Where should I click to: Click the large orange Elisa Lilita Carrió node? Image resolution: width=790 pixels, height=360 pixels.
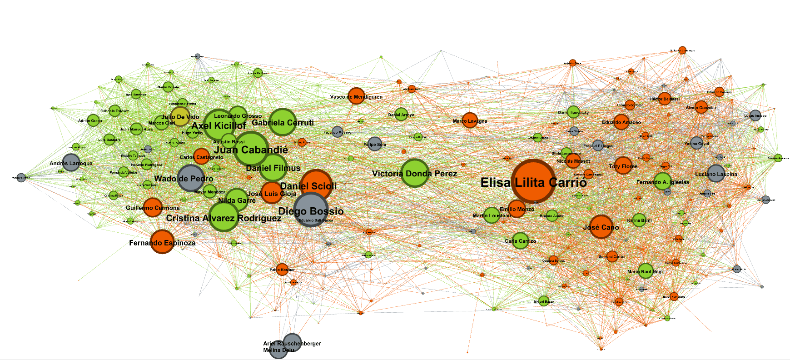tap(533, 181)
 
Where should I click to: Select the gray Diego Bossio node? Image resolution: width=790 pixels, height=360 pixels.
tap(311, 210)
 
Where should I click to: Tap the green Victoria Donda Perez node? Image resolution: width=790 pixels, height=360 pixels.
tap(415, 173)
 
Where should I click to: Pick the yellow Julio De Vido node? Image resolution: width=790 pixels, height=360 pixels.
tap(180, 116)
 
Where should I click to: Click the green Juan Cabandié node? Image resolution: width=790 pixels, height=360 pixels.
tap(251, 149)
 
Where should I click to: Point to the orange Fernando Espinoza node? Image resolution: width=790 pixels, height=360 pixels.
tap(162, 241)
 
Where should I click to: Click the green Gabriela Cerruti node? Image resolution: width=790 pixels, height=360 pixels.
tap(283, 122)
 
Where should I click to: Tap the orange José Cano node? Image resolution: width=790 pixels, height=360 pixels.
tap(601, 227)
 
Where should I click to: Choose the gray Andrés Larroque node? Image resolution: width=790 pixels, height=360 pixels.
tap(71, 162)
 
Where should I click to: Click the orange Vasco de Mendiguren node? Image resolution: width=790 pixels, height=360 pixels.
tap(357, 96)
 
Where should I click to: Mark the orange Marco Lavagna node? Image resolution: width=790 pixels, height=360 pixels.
tap(470, 120)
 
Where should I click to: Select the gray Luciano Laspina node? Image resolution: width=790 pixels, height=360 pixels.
tap(715, 173)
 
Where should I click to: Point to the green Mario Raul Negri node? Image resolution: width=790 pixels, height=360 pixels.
tap(646, 271)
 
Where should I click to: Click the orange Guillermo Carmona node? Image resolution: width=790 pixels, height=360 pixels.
tap(153, 207)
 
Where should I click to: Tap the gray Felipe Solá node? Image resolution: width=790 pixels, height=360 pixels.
tap(375, 144)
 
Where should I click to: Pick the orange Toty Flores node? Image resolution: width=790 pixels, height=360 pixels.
tap(623, 166)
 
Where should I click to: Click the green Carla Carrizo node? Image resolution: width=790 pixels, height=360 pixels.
tap(520, 240)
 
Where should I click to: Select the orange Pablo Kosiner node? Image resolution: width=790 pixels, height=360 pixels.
tap(282, 270)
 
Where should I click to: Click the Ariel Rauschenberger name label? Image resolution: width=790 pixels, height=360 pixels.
tap(292, 344)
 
